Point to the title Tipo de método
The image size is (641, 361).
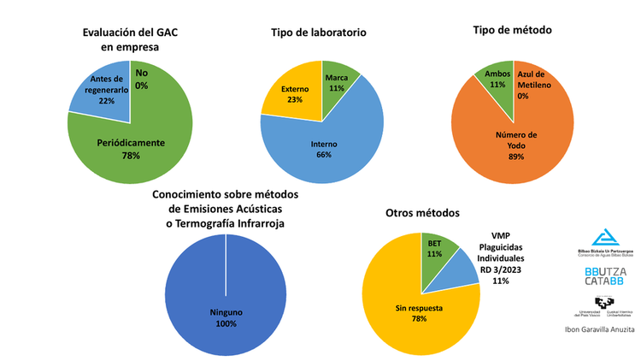pos(512,30)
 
